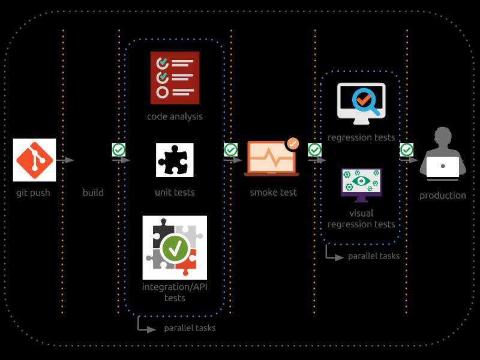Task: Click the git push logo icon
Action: [x=34, y=160]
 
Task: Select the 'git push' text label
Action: [x=33, y=193]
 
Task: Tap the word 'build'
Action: [x=93, y=193]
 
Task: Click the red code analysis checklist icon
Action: [x=175, y=78]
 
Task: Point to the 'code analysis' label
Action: [x=175, y=116]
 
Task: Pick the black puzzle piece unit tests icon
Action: [x=175, y=160]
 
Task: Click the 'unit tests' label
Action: [x=175, y=193]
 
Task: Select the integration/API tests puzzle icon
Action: [x=175, y=247]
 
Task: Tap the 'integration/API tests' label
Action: [x=175, y=292]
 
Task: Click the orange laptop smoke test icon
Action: [x=271, y=158]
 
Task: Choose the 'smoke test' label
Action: [x=273, y=193]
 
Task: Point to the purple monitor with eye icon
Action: [x=361, y=184]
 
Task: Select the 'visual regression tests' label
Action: [x=361, y=218]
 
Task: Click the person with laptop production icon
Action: [x=443, y=155]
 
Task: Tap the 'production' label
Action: [x=443, y=195]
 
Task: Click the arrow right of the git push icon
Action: [x=66, y=160]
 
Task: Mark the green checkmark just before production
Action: [x=407, y=149]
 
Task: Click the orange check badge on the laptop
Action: [x=292, y=144]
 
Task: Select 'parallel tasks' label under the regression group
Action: [x=373, y=256]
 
